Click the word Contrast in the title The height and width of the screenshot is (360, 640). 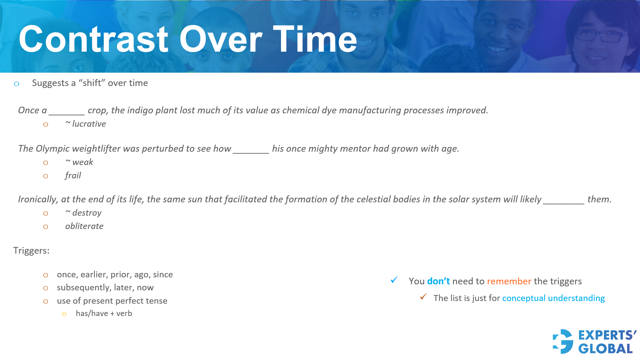[94, 39]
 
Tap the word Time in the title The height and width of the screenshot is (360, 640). [315, 39]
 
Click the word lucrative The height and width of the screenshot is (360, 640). [89, 124]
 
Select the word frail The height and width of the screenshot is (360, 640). [73, 175]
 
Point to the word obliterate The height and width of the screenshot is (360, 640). [84, 226]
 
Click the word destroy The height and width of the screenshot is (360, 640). [87, 213]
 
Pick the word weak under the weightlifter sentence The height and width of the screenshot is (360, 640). [83, 162]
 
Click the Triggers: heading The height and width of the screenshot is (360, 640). [31, 250]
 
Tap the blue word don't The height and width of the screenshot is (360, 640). [438, 281]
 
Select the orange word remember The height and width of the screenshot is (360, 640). [509, 281]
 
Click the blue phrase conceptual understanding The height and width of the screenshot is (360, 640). [553, 298]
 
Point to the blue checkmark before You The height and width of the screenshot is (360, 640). [394, 280]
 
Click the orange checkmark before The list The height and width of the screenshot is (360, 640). [423, 296]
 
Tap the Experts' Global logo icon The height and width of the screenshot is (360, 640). [563, 341]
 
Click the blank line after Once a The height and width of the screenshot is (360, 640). [67, 115]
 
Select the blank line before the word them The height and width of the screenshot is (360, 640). [563, 204]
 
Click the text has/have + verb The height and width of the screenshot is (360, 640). [104, 313]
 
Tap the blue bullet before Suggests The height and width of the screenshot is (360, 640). [16, 84]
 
